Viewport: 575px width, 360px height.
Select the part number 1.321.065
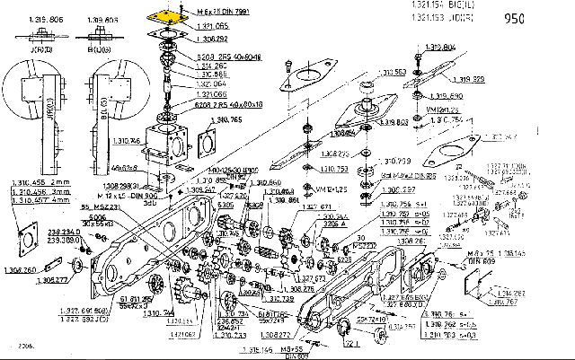click(211, 30)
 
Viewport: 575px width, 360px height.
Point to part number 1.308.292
click(211, 40)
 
